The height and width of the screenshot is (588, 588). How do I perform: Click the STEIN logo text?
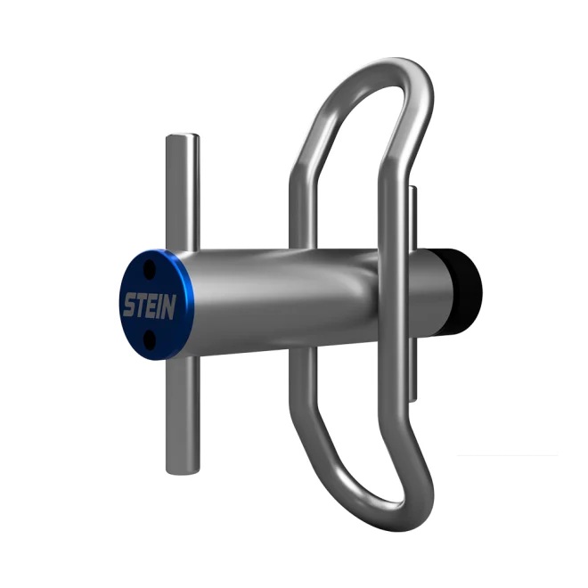148,306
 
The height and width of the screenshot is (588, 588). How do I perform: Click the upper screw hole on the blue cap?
150,266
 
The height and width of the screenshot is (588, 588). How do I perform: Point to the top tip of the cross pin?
183,137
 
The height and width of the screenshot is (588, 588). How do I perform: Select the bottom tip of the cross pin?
182,469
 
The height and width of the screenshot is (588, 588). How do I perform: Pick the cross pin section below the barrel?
182,410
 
